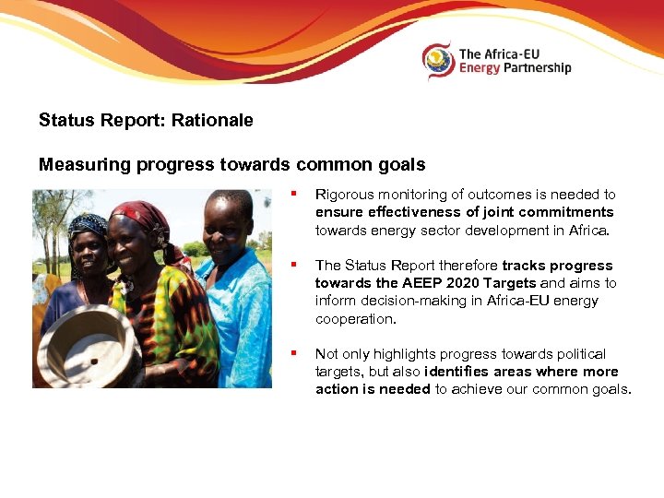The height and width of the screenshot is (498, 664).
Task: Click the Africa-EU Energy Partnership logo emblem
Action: [439, 61]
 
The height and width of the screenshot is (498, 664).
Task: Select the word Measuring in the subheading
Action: [86, 165]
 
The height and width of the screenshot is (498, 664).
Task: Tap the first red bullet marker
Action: [292, 194]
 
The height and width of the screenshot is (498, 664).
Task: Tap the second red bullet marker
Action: [292, 265]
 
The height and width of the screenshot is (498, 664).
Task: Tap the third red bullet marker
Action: [292, 353]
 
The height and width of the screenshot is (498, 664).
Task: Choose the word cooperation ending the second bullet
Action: [354, 318]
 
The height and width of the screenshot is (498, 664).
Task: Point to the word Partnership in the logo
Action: [541, 67]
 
